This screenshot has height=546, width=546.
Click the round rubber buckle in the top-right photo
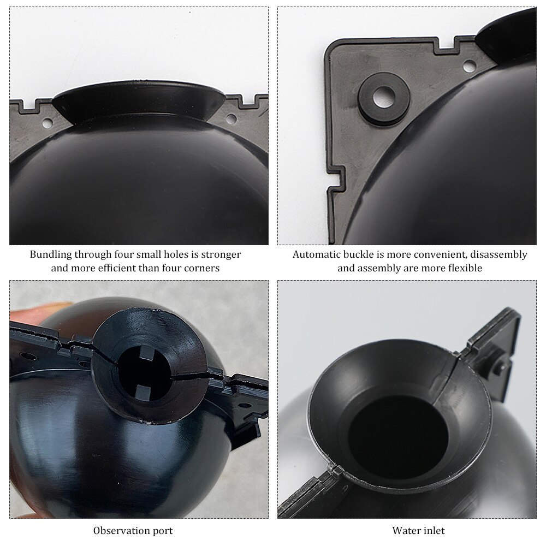pyautogui.click(x=383, y=98)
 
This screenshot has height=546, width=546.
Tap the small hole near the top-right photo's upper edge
pyautogui.click(x=469, y=66)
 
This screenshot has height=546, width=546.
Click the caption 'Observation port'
pyautogui.click(x=133, y=530)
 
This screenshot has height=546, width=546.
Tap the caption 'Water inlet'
pyautogui.click(x=418, y=530)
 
